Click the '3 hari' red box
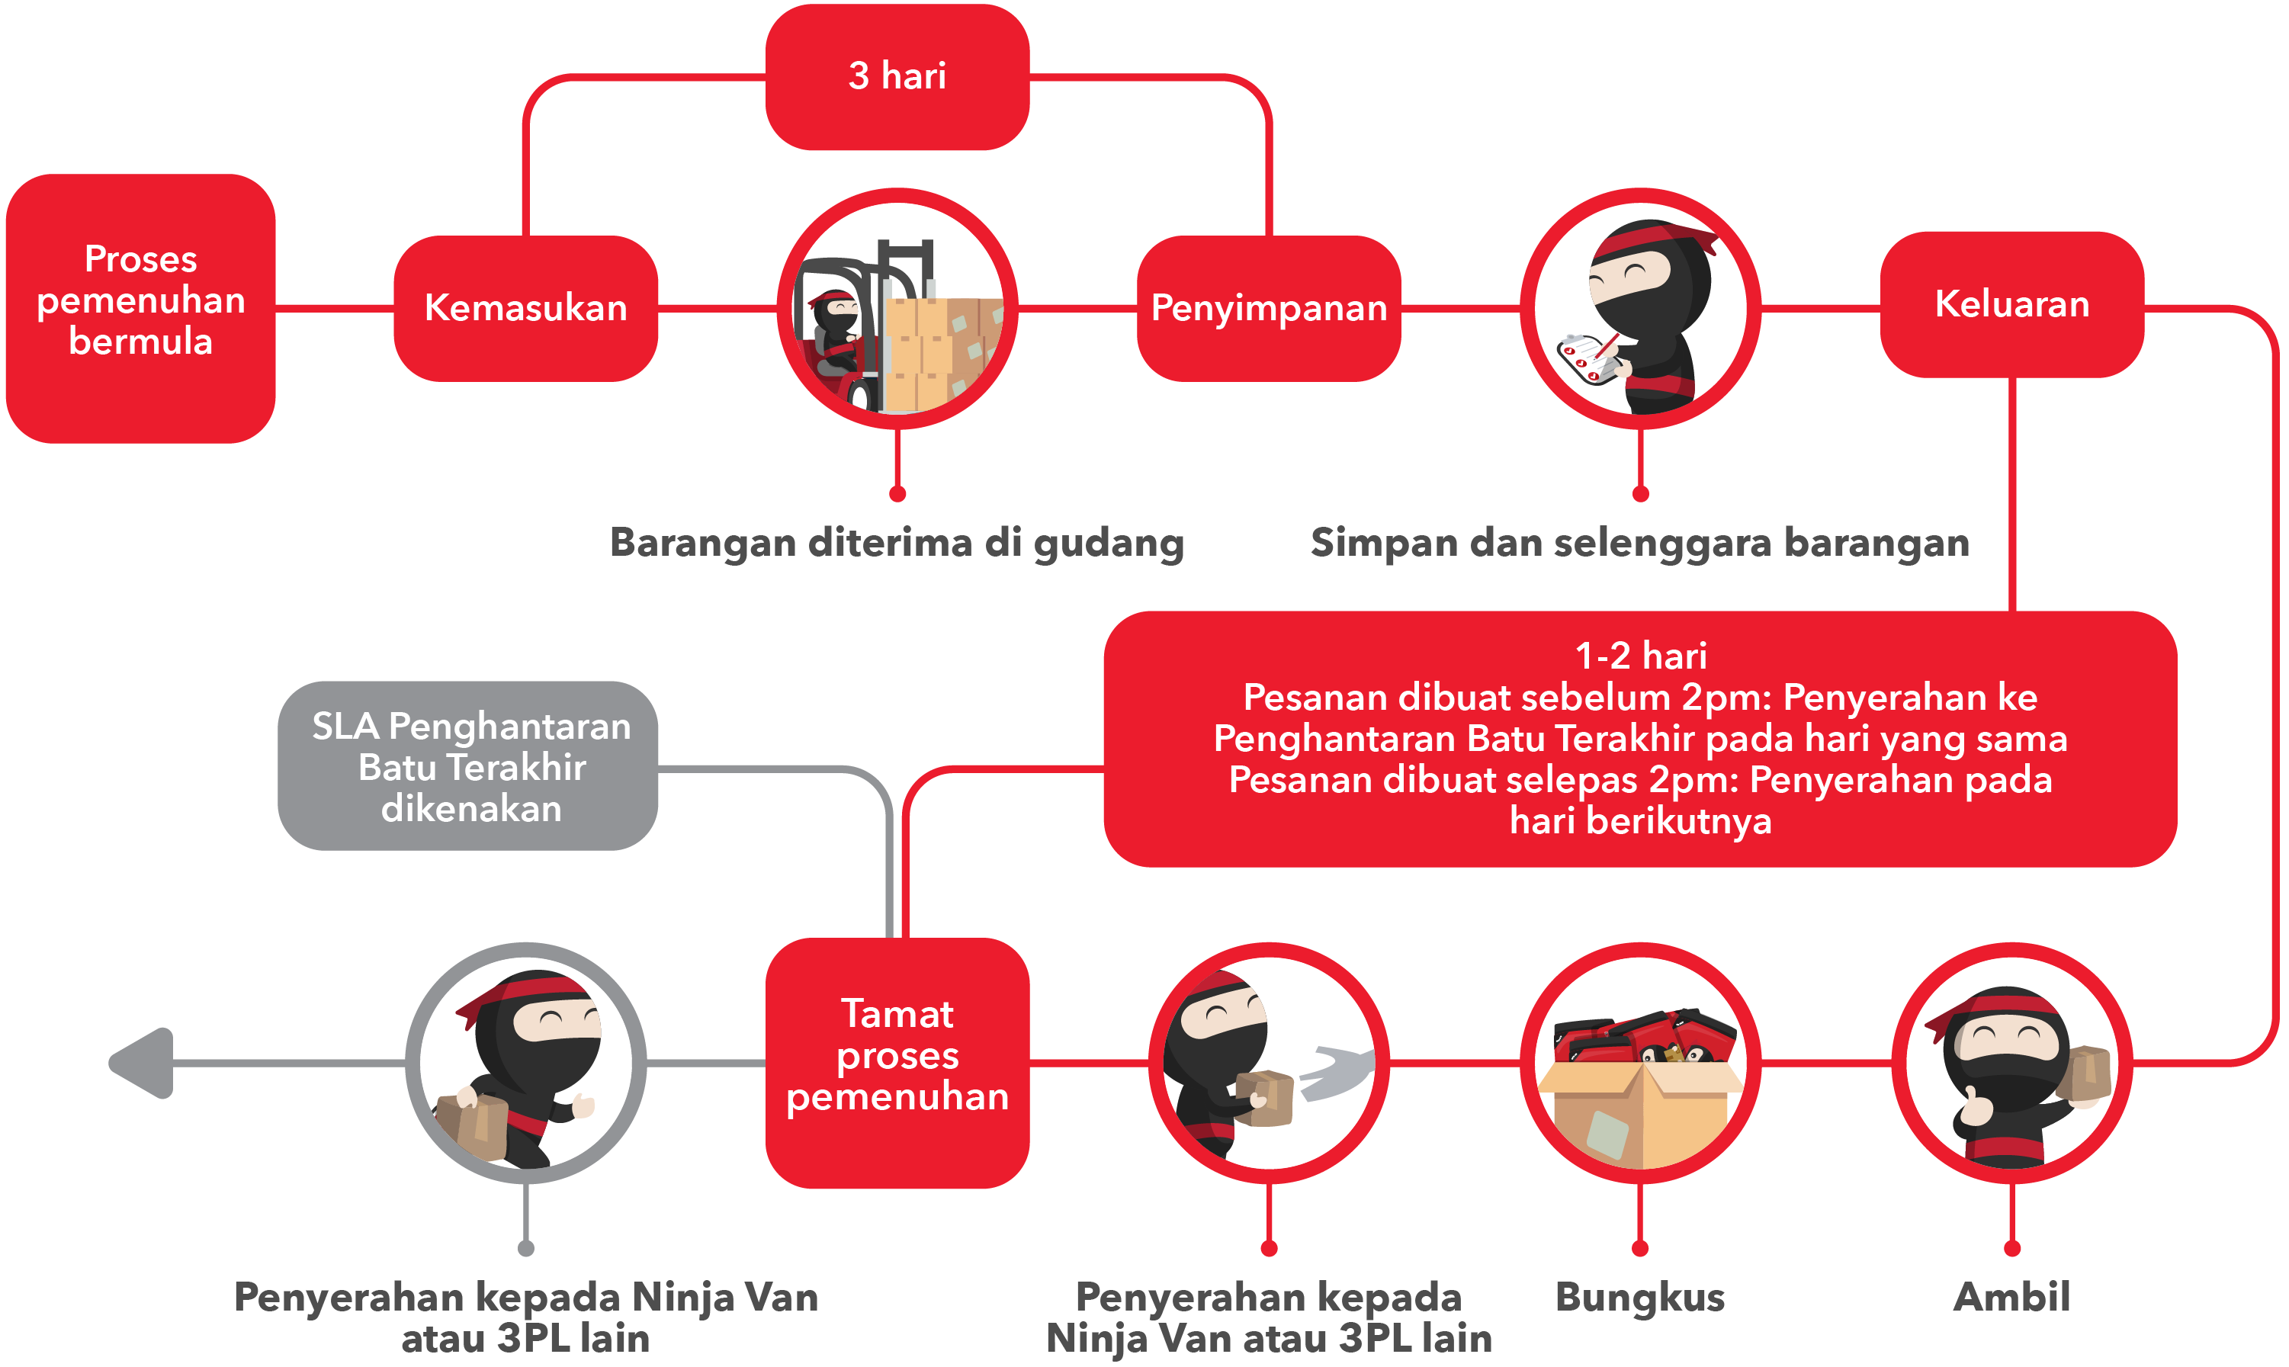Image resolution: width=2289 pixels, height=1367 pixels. (x=897, y=76)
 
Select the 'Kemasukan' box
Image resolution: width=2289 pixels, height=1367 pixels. (x=526, y=309)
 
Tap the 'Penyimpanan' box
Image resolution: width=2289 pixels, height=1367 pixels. (x=1270, y=309)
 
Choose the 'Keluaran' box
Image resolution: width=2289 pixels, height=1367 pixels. (x=2011, y=305)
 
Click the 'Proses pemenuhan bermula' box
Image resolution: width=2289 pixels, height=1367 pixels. (x=141, y=309)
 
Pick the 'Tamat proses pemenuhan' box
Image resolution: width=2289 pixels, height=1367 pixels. (x=897, y=1063)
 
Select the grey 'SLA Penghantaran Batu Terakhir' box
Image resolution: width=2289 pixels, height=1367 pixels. (x=468, y=765)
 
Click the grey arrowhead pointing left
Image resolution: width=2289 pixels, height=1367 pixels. (x=142, y=1063)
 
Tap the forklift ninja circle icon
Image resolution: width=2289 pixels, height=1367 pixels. (x=897, y=309)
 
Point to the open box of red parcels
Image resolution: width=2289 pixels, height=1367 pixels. (x=1641, y=1087)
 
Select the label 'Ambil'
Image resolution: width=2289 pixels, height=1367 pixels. (x=2011, y=1297)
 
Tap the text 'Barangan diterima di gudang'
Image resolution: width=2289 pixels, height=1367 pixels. (x=897, y=543)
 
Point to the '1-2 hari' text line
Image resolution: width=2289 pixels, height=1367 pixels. (x=1641, y=656)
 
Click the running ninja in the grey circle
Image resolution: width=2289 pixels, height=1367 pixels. (x=526, y=1069)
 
